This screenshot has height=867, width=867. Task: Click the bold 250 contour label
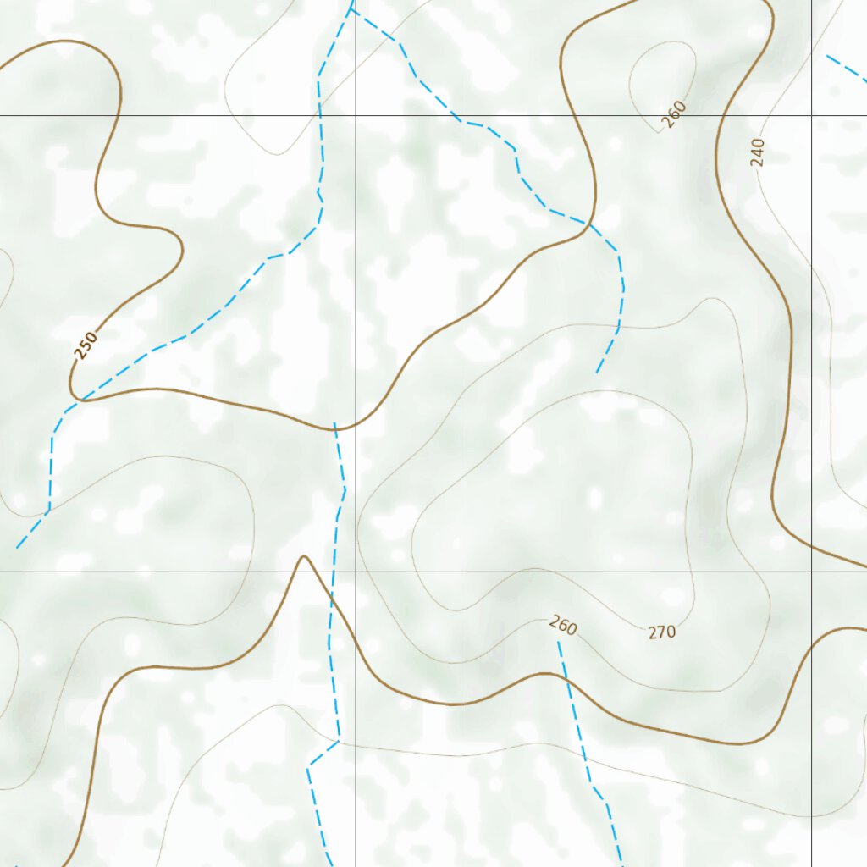pos(86,345)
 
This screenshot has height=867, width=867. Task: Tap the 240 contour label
pos(758,152)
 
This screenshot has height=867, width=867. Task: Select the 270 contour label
pos(662,632)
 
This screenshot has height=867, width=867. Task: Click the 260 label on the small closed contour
pos(674,114)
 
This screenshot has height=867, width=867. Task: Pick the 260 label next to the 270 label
pos(563,627)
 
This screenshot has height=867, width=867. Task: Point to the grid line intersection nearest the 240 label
pos(811,114)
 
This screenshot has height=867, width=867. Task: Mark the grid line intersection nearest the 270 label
pos(811,572)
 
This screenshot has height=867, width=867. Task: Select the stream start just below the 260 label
pos(558,643)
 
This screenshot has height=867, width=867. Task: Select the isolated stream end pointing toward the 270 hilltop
pos(597,373)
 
